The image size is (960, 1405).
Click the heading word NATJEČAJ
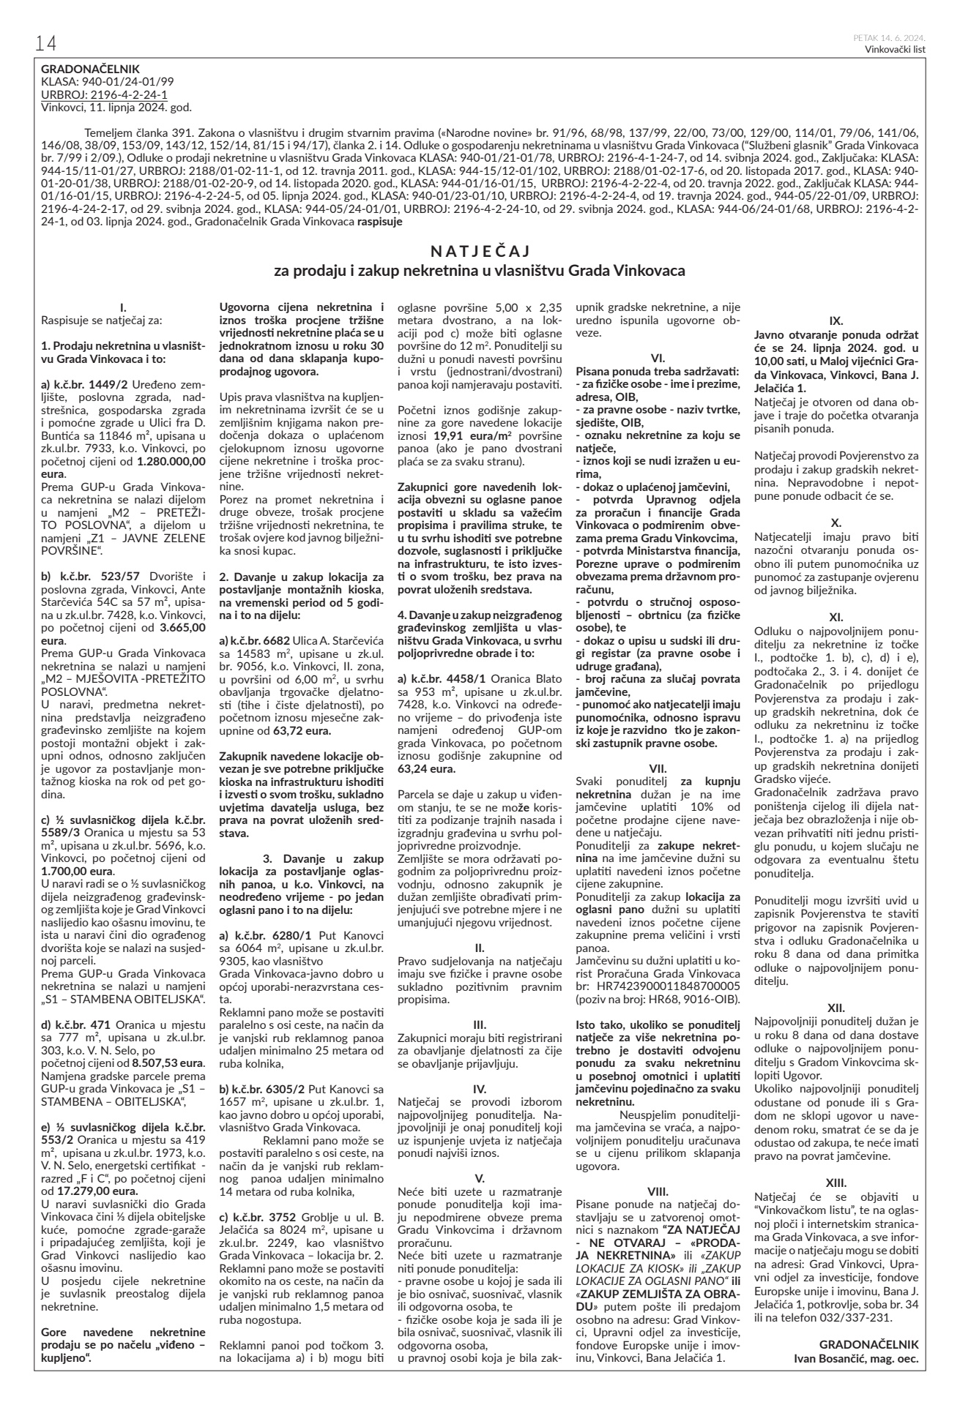pyautogui.click(x=480, y=252)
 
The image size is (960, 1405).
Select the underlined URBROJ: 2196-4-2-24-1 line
pyautogui.click(x=104, y=95)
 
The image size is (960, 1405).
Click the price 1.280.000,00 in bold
pyautogui.click(x=171, y=462)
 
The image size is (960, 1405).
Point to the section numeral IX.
pyautogui.click(x=835, y=321)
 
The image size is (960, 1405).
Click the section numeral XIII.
pyautogui.click(x=836, y=1182)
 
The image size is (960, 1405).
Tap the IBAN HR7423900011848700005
pyautogui.click(x=658, y=986)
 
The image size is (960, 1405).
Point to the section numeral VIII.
pyautogui.click(x=658, y=1190)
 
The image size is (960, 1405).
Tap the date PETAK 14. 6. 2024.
pyautogui.click(x=889, y=37)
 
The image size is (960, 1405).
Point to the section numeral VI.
pyautogui.click(x=658, y=358)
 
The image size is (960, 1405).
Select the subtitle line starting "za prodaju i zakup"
pyautogui.click(x=480, y=271)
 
